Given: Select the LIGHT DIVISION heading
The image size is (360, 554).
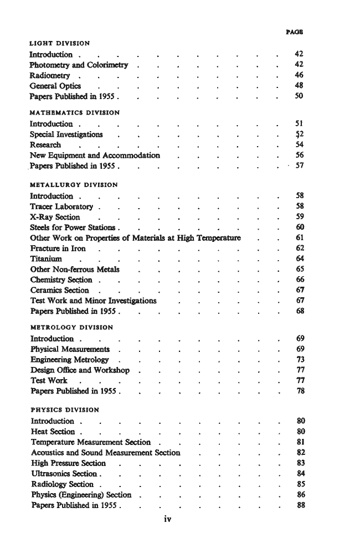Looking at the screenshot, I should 60,43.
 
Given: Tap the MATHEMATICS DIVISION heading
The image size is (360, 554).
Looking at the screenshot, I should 74,112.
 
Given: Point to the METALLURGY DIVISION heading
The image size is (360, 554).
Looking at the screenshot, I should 73,185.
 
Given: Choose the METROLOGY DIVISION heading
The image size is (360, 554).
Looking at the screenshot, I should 71,327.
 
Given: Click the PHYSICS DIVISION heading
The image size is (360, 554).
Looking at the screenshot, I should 65,410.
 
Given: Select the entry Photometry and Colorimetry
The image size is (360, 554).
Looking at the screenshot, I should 79,65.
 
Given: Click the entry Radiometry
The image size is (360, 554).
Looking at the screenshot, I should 50,76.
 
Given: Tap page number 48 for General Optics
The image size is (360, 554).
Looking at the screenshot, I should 300,86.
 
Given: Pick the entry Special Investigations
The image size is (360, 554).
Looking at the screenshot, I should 66,134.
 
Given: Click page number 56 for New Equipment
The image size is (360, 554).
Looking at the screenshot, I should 300,156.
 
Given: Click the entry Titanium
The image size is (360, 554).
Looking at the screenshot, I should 46,258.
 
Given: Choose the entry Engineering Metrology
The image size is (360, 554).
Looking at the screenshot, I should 70,360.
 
